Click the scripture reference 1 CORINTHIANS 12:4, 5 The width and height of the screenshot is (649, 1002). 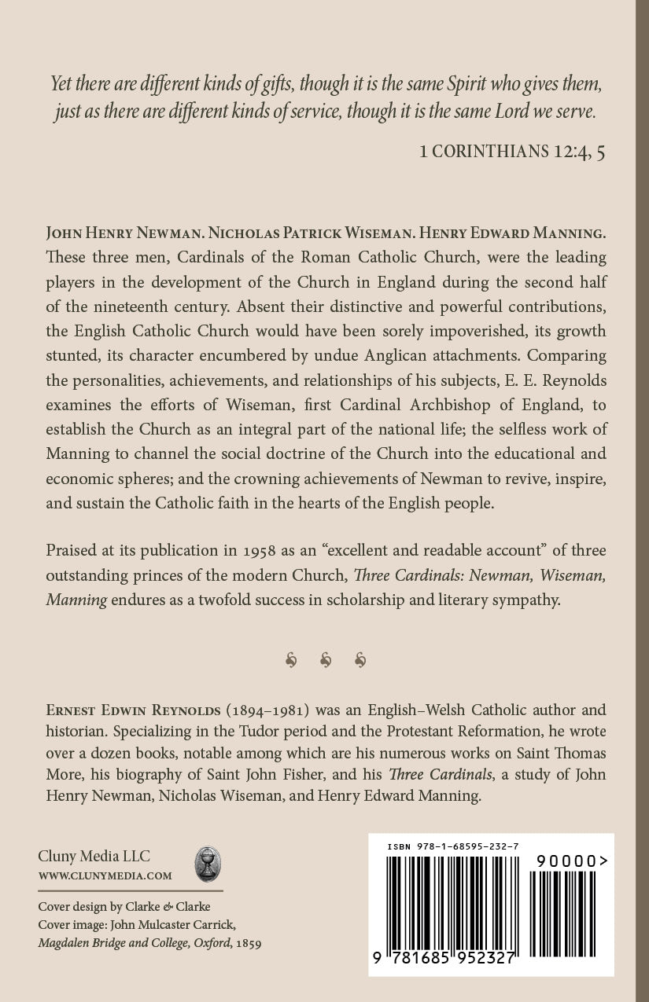512,152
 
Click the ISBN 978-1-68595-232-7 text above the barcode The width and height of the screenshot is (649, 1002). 452,846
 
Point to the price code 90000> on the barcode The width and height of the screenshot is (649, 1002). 572,861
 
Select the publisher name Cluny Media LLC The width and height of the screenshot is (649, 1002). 94,857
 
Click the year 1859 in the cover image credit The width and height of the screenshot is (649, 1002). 248,942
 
